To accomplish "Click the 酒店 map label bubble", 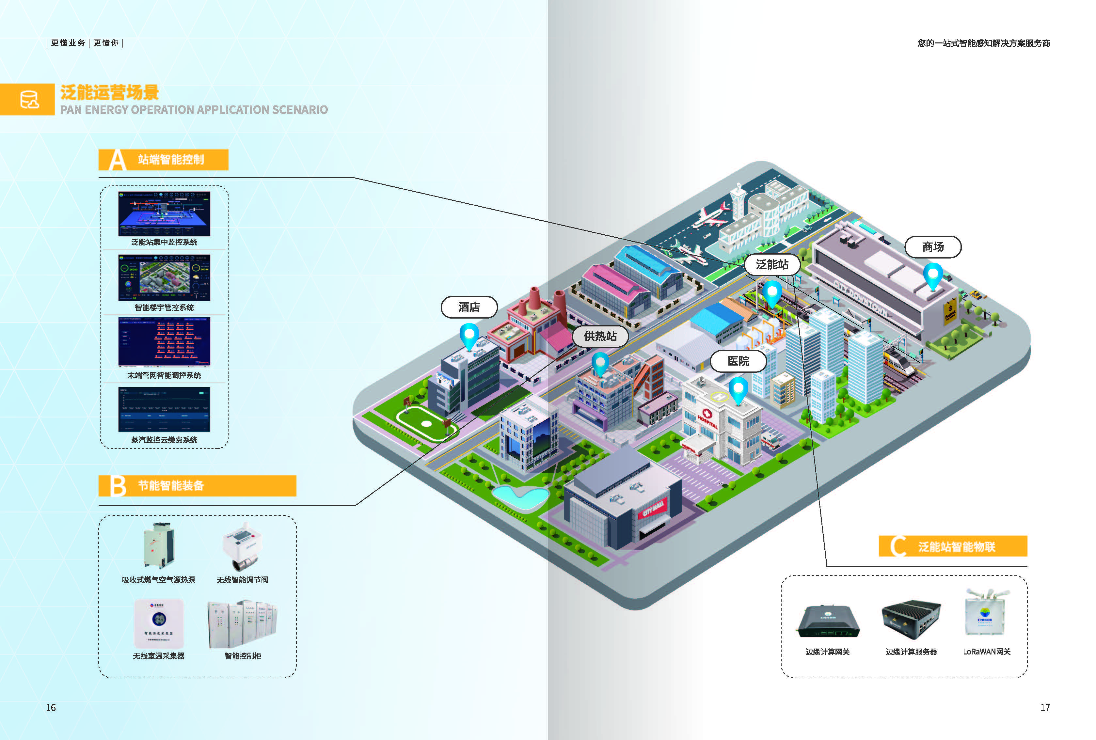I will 469,307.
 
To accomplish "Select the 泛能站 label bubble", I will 772,265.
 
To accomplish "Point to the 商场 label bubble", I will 933,247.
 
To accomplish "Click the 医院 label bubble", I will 738,361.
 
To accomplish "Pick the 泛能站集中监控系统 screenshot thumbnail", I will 164,214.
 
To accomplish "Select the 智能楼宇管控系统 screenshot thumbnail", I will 164,278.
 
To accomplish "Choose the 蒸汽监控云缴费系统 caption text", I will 164,440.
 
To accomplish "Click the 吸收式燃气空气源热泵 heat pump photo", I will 158,546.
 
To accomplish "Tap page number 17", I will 1045,707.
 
